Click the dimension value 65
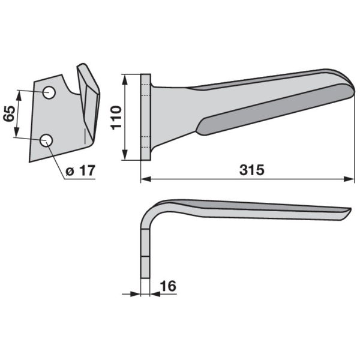9,114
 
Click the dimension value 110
116,118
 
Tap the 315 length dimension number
252,170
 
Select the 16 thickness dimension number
168,286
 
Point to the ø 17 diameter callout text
80,170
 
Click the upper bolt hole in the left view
49,92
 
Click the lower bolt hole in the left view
46,140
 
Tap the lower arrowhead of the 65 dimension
16,132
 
